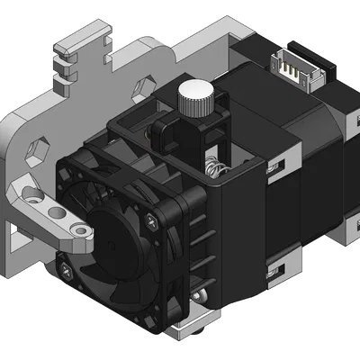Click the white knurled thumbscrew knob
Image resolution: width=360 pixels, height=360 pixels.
coord(195,96)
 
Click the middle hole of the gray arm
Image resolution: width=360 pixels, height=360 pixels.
coord(57,213)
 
